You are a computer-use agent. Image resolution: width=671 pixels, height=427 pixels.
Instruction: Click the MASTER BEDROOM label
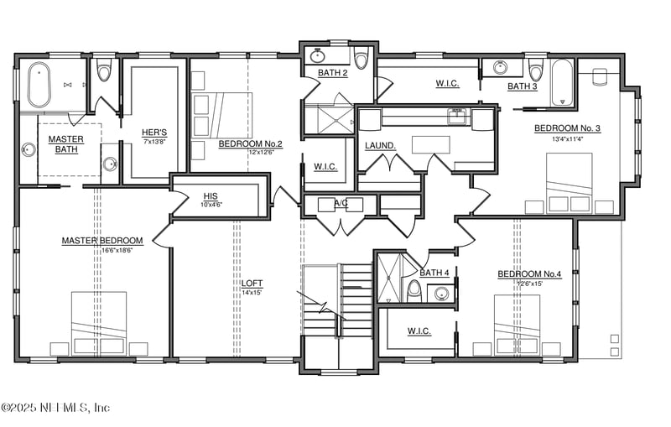click(x=102, y=241)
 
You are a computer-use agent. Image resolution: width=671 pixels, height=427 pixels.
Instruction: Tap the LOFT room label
click(x=252, y=284)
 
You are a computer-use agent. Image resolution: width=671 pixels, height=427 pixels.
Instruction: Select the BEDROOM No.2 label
click(x=250, y=143)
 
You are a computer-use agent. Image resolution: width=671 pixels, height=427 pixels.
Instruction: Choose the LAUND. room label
click(x=380, y=145)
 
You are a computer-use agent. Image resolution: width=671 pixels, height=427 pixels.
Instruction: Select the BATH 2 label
click(x=333, y=73)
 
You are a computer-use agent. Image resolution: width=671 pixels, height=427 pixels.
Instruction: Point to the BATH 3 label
click(x=523, y=86)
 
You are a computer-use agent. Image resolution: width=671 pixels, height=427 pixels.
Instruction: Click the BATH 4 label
click(x=434, y=273)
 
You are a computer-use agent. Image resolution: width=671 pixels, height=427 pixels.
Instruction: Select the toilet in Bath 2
click(x=362, y=59)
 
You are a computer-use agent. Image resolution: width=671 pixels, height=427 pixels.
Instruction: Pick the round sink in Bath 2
click(x=318, y=57)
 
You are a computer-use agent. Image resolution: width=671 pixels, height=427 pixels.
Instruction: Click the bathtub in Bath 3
click(x=562, y=82)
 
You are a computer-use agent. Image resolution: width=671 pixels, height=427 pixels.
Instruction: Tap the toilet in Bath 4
click(x=414, y=289)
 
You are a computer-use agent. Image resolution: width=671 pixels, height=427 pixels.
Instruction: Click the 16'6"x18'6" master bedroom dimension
click(x=102, y=251)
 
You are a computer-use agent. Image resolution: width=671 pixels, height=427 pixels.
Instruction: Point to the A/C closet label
click(x=341, y=202)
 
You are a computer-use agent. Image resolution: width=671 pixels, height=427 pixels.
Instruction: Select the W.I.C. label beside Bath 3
click(x=447, y=83)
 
